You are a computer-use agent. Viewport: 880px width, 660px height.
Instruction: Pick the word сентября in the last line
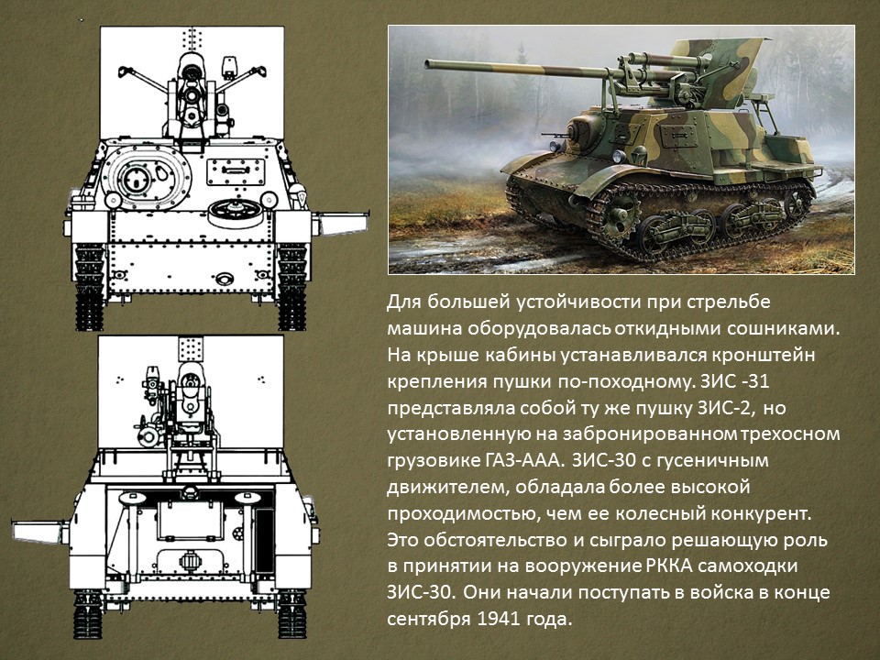click(x=429, y=620)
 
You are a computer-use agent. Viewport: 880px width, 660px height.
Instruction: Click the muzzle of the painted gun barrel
click(x=429, y=64)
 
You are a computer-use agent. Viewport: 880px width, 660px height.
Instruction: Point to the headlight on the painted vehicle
click(x=555, y=147)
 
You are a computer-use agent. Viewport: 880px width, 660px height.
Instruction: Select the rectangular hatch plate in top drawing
click(x=236, y=171)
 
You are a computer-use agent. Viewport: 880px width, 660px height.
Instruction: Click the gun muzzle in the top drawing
click(x=192, y=96)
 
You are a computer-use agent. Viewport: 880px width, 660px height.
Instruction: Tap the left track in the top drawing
click(x=89, y=286)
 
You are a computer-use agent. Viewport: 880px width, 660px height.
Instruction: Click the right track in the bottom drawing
click(x=291, y=614)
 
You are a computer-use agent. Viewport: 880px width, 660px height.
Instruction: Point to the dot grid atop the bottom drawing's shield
click(x=190, y=348)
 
